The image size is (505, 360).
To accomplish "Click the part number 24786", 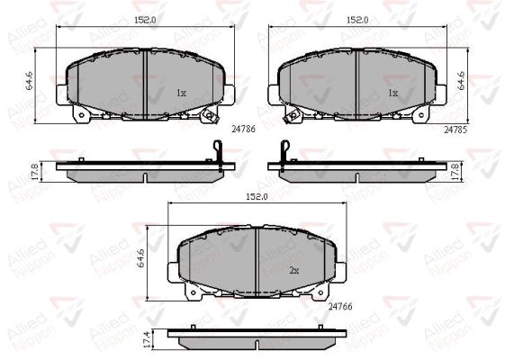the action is [243, 129].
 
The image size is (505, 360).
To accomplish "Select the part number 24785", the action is [455, 130].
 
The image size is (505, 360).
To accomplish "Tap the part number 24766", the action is [340, 306].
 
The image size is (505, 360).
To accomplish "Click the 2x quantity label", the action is [294, 271].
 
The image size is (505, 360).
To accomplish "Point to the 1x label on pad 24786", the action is [181, 93].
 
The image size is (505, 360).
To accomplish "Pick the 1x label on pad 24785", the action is [392, 93].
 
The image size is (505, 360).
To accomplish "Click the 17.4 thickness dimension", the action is [148, 340].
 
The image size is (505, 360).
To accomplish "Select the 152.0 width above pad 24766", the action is [257, 197].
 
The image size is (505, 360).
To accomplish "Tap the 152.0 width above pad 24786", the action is [145, 20].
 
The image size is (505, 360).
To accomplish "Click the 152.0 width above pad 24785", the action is [357, 20].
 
